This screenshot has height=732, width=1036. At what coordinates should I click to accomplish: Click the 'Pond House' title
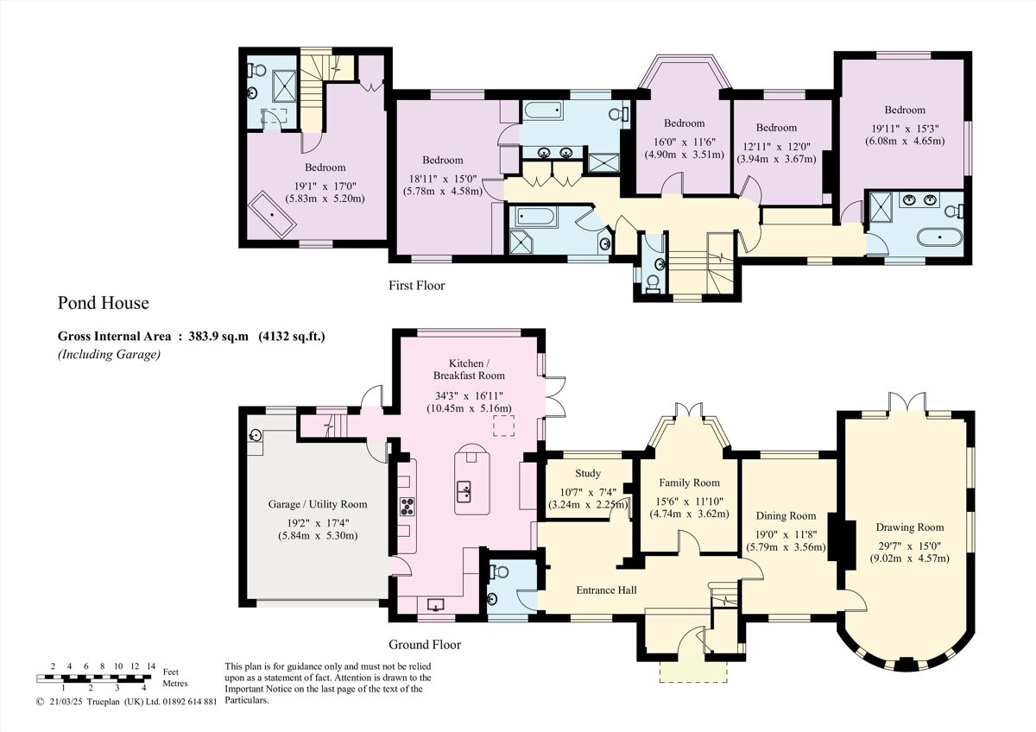tap(103, 303)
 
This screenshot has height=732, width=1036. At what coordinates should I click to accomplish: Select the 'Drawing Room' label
tap(909, 527)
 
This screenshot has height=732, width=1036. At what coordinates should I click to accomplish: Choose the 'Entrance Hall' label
tap(606, 590)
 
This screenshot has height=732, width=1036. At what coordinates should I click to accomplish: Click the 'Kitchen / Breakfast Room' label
tap(470, 369)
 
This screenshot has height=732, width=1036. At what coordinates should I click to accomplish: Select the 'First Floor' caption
tap(416, 285)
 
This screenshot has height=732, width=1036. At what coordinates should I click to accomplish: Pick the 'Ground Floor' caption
tap(424, 645)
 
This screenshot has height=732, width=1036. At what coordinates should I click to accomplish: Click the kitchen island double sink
tap(464, 491)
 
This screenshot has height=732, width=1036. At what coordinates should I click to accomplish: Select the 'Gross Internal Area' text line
tap(191, 337)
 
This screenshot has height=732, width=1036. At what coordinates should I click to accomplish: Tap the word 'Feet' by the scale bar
tap(170, 672)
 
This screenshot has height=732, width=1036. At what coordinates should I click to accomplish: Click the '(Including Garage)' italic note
tap(109, 354)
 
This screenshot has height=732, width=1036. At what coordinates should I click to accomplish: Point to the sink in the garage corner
tap(256, 437)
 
